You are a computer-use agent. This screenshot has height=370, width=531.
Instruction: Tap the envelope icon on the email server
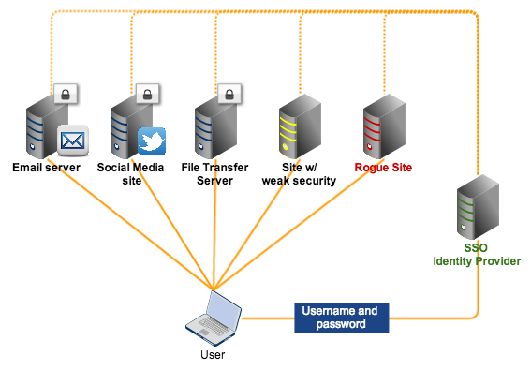point(72,141)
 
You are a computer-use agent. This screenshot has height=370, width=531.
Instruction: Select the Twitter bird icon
point(152,141)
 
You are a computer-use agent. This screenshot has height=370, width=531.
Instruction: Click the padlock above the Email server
point(65,94)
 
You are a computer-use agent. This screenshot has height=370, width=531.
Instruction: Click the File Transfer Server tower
point(209,131)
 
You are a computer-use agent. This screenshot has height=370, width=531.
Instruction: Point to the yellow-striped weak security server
point(293,131)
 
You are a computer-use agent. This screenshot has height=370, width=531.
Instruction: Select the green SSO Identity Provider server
point(470,212)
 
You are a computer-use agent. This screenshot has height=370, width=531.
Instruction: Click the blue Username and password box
point(341,317)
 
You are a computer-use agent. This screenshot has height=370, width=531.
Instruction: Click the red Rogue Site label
point(383,168)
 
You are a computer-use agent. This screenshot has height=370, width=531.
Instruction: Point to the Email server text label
point(46,168)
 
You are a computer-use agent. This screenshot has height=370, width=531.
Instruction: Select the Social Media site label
point(132,174)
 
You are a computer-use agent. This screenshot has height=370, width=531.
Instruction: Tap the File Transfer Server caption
point(214,174)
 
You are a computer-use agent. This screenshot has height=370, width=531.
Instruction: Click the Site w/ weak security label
point(298,174)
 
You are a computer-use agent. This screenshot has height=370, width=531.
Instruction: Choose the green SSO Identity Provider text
point(476,255)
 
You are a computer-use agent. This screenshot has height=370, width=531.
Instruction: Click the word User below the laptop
point(213,355)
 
